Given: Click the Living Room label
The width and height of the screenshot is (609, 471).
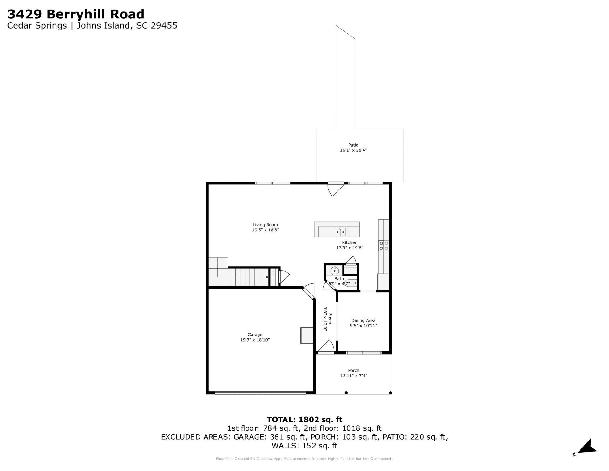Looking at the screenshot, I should [265, 225].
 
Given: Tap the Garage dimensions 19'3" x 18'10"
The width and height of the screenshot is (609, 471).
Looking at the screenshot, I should [255, 340].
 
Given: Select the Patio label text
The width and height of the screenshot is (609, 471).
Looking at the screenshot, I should [353, 145].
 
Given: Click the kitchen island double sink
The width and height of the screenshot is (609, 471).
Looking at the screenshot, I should [340, 232].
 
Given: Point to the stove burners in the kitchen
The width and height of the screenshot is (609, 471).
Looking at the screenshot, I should [383, 246].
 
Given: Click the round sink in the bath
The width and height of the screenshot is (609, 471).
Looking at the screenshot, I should [334, 271].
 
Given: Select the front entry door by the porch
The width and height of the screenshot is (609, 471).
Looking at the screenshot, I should [326, 347].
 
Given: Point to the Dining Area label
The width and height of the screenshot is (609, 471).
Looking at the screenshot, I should [363, 320].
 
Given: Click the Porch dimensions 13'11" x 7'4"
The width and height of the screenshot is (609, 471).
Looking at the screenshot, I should [354, 375].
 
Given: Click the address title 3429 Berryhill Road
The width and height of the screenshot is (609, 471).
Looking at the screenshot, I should [76, 14].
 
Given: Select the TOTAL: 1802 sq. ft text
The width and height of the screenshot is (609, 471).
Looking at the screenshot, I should [304, 420].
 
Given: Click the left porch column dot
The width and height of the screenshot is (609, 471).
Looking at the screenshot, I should [346, 393].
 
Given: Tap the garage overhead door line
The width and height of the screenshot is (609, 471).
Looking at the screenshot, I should [260, 393].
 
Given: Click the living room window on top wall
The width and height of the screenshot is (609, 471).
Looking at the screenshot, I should [273, 183].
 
